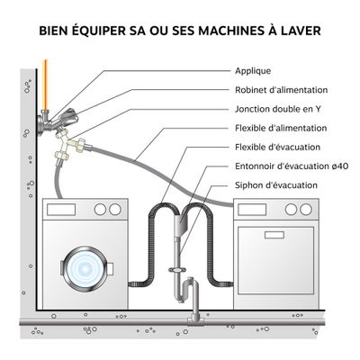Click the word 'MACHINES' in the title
tap(215, 31)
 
